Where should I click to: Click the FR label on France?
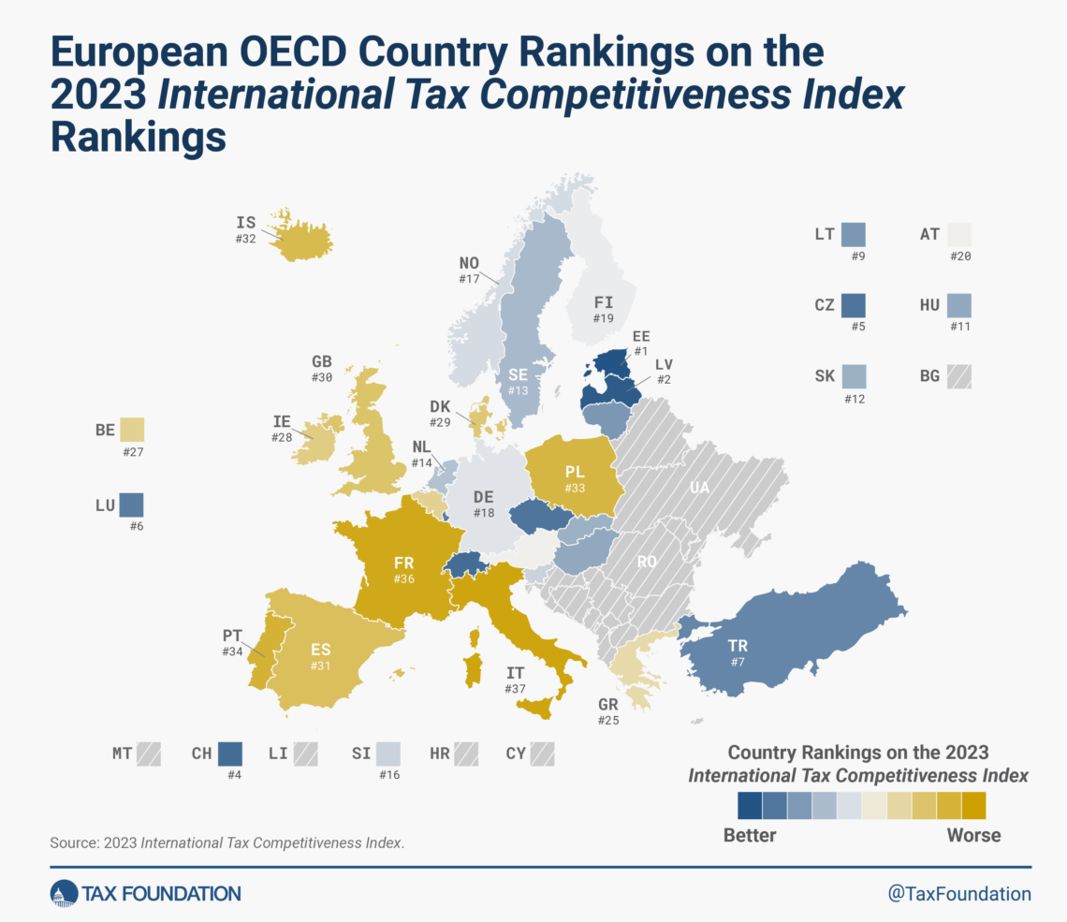click(x=403, y=562)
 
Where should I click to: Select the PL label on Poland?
click(x=575, y=472)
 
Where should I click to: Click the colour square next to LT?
click(x=853, y=234)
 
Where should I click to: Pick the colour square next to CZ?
click(x=853, y=305)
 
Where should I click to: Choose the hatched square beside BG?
click(x=958, y=376)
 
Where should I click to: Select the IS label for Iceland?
click(x=246, y=223)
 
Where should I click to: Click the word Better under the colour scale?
click(x=750, y=835)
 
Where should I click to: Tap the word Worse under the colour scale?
click(x=974, y=835)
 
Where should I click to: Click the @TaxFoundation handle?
click(x=958, y=894)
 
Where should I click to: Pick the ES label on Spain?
click(x=321, y=649)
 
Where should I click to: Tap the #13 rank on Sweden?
click(x=519, y=390)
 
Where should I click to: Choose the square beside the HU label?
click(x=958, y=305)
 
